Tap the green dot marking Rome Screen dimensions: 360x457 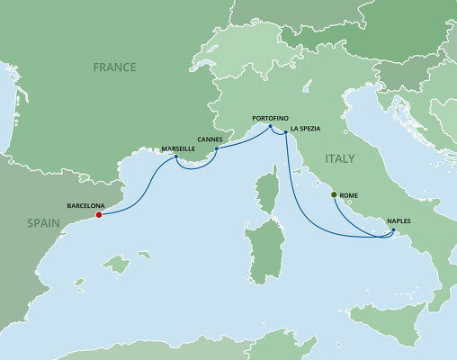tap(334, 195)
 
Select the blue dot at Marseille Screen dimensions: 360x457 tap(176, 158)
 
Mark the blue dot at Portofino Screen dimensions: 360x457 tap(271, 127)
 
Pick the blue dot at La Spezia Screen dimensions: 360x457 tap(285, 133)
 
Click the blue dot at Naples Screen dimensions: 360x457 tap(393, 230)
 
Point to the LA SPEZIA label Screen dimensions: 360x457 tap(306, 128)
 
